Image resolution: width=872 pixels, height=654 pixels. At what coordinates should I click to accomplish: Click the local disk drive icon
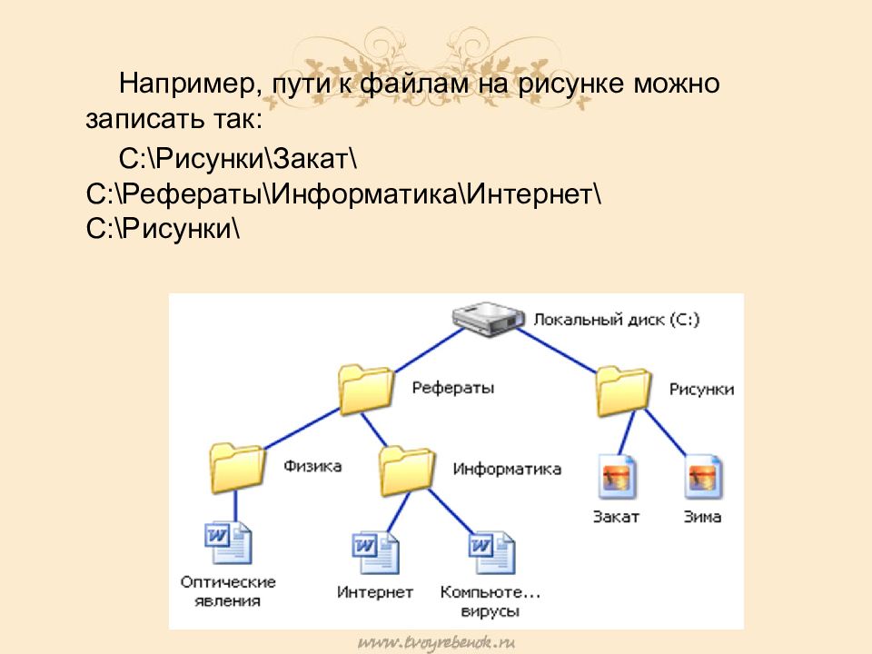click(x=489, y=320)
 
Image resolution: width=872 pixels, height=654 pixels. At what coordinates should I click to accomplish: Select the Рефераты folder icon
click(x=365, y=389)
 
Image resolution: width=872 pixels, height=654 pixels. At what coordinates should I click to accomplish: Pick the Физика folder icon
click(x=236, y=468)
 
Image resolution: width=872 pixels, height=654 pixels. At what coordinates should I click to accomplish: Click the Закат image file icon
click(x=618, y=478)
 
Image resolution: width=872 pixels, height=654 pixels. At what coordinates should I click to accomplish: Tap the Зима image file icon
click(x=703, y=478)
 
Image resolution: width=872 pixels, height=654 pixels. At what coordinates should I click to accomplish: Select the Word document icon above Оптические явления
click(x=227, y=543)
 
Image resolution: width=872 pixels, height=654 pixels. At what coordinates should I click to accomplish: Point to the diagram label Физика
click(x=312, y=467)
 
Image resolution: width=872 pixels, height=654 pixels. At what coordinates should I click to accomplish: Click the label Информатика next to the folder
click(x=507, y=470)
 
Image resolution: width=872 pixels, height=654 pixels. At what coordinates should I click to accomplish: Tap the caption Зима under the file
click(x=702, y=517)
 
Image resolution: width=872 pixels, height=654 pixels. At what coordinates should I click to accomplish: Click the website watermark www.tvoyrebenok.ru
click(x=437, y=642)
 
